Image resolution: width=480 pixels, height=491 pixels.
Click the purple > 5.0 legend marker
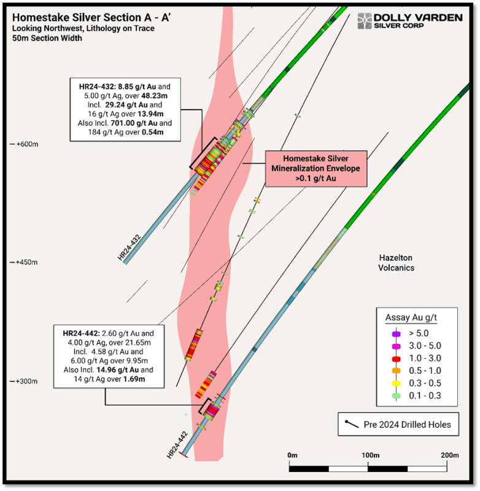coord(397,334)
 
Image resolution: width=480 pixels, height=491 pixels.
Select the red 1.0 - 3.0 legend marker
coord(397,358)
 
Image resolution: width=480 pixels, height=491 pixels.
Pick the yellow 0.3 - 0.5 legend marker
coord(397,383)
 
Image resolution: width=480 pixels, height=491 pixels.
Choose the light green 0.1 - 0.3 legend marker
coord(397,396)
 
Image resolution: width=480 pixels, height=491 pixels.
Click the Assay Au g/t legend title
coord(411,317)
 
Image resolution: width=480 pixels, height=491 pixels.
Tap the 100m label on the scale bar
coord(370,455)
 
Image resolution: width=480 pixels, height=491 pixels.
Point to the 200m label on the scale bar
coord(450,455)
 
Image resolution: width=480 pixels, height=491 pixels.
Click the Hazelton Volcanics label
coord(396,263)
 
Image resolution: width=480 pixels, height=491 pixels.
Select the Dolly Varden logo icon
coord(365,21)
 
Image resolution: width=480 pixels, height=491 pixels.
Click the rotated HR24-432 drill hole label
coord(130,247)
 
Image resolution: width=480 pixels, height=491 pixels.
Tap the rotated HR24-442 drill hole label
coord(177,445)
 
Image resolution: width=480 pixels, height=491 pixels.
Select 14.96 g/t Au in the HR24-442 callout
coord(117,370)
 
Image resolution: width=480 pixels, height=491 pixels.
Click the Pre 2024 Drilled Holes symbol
coord(352,424)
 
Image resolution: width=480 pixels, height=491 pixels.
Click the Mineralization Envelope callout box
coord(316,168)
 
